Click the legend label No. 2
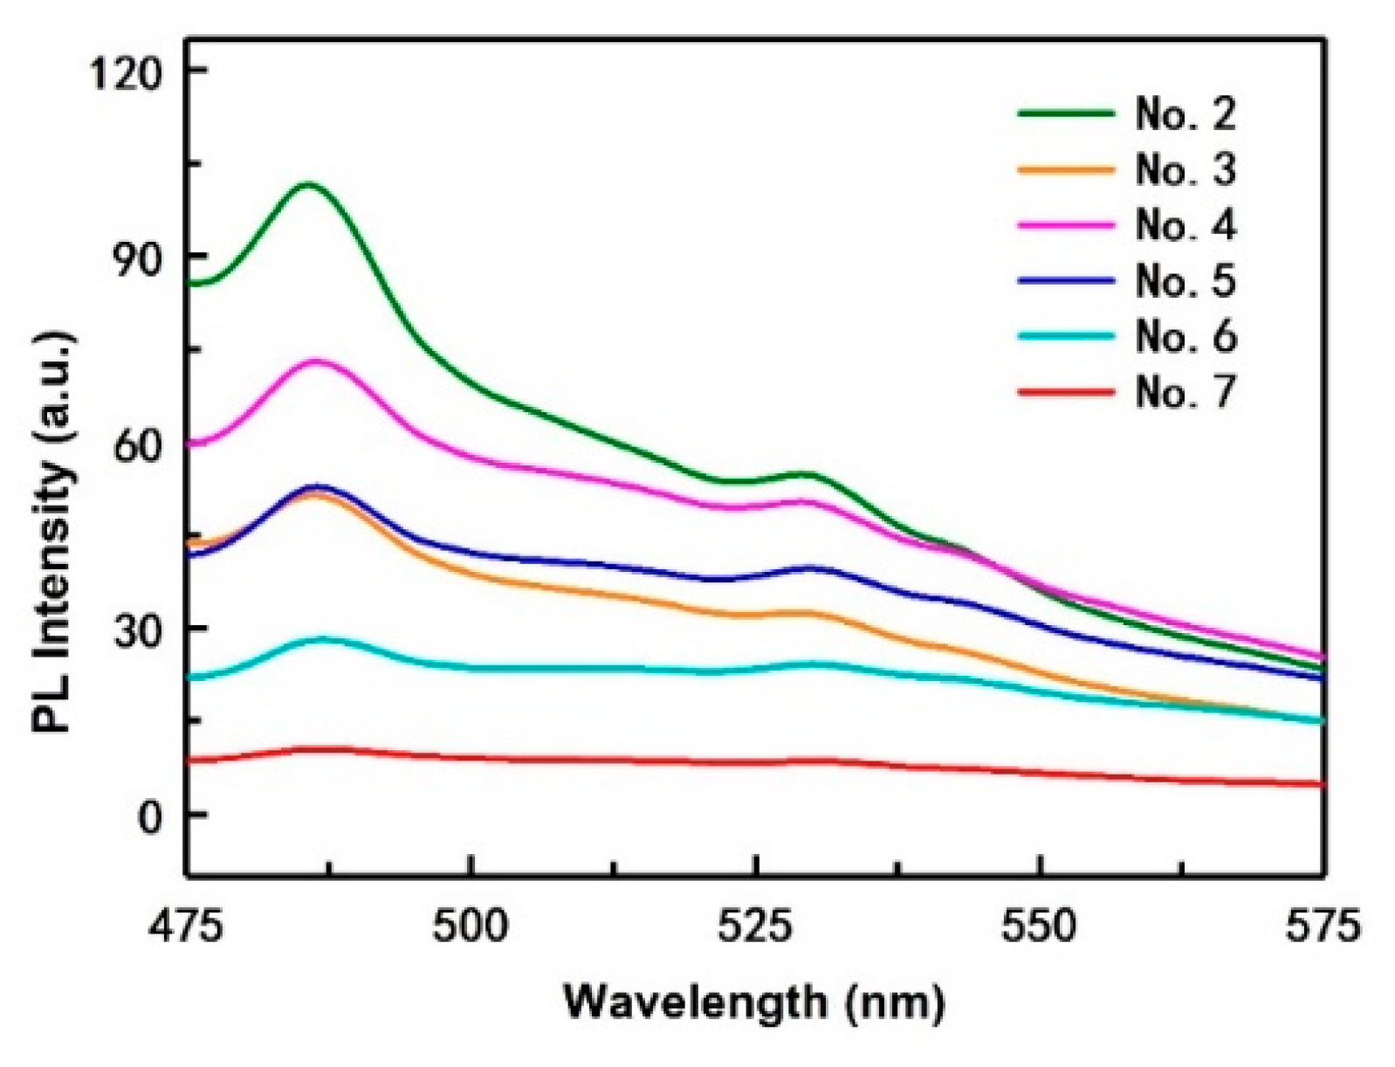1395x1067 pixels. point(1185,114)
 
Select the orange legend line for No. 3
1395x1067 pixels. point(1066,169)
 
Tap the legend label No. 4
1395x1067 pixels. point(1185,225)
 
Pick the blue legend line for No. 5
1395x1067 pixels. point(1066,281)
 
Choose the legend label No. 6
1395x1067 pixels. point(1185,337)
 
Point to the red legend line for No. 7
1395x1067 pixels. point(1066,392)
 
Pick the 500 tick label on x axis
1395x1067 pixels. point(471,927)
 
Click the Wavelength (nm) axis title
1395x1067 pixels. point(754,1002)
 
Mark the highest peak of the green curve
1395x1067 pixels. point(308,184)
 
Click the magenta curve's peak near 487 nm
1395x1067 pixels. point(317,361)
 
